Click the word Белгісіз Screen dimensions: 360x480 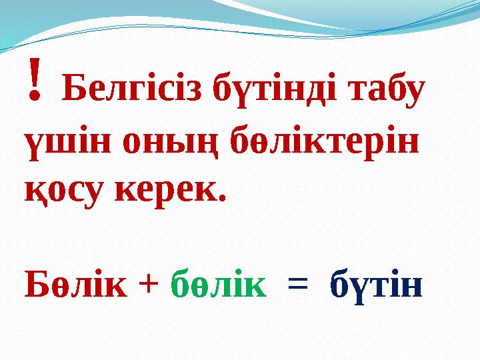click(x=133, y=90)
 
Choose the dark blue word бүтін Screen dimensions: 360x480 click(x=376, y=285)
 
